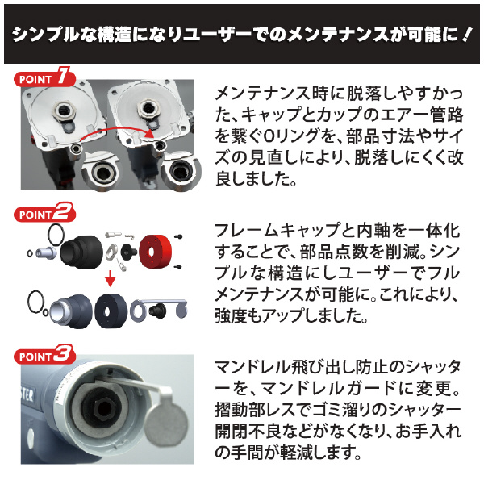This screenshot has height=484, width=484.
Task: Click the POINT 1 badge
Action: (45, 81)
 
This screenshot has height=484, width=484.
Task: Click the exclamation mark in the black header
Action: (466, 35)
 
